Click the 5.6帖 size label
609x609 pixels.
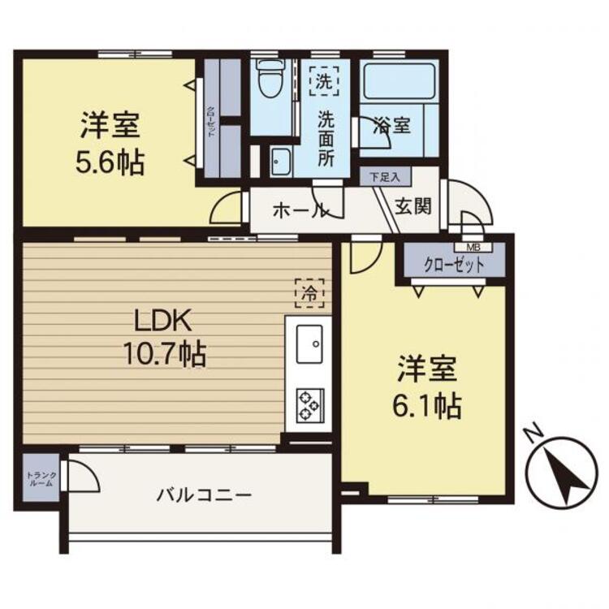click(x=110, y=163)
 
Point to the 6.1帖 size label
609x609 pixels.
click(x=429, y=404)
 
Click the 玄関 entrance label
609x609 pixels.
click(x=412, y=206)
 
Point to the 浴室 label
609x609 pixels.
click(x=392, y=127)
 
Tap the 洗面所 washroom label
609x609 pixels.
click(x=326, y=137)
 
